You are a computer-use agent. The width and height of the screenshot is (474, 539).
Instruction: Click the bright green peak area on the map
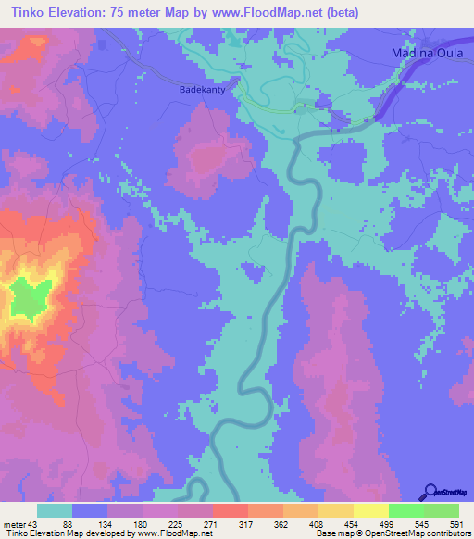point(31,302)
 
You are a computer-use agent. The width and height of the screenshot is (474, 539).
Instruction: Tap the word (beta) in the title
point(338,12)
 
